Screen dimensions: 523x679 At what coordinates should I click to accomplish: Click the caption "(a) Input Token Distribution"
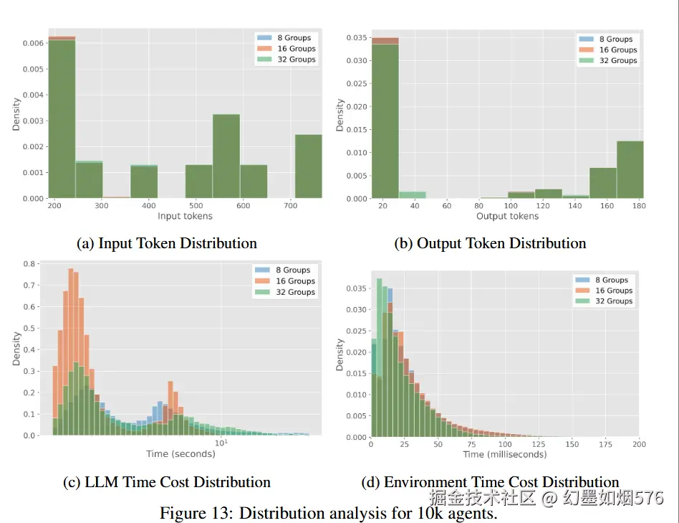point(167,243)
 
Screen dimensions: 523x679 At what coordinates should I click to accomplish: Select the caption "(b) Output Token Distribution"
point(490,243)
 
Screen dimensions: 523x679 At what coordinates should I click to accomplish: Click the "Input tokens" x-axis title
point(185,216)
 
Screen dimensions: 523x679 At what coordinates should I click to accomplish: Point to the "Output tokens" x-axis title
point(507,216)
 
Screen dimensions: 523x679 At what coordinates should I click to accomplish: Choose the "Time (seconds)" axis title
point(180,453)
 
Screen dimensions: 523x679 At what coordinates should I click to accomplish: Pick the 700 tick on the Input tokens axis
point(290,206)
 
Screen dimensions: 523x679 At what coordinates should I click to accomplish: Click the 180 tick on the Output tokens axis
point(639,206)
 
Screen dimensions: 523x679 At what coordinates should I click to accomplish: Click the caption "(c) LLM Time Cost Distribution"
point(167,482)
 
